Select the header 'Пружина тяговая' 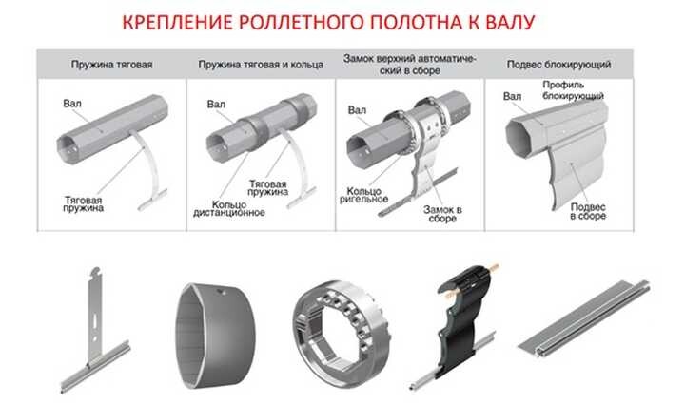point(113,65)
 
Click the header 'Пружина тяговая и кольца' point(257,65)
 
